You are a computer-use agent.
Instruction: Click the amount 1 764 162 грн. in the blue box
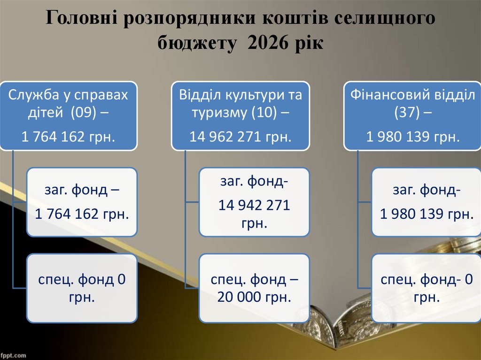69,137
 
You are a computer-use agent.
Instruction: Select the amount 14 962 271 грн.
240,137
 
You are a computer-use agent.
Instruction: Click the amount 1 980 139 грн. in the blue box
413,137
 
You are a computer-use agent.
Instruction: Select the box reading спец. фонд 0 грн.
82,288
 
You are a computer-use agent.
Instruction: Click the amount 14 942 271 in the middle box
254,205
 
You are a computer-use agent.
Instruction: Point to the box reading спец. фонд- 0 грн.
427,288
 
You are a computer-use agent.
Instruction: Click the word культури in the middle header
260,95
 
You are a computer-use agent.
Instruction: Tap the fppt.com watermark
13,355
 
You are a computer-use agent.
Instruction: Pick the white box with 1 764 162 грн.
82,202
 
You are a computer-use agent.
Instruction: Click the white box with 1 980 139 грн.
427,202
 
